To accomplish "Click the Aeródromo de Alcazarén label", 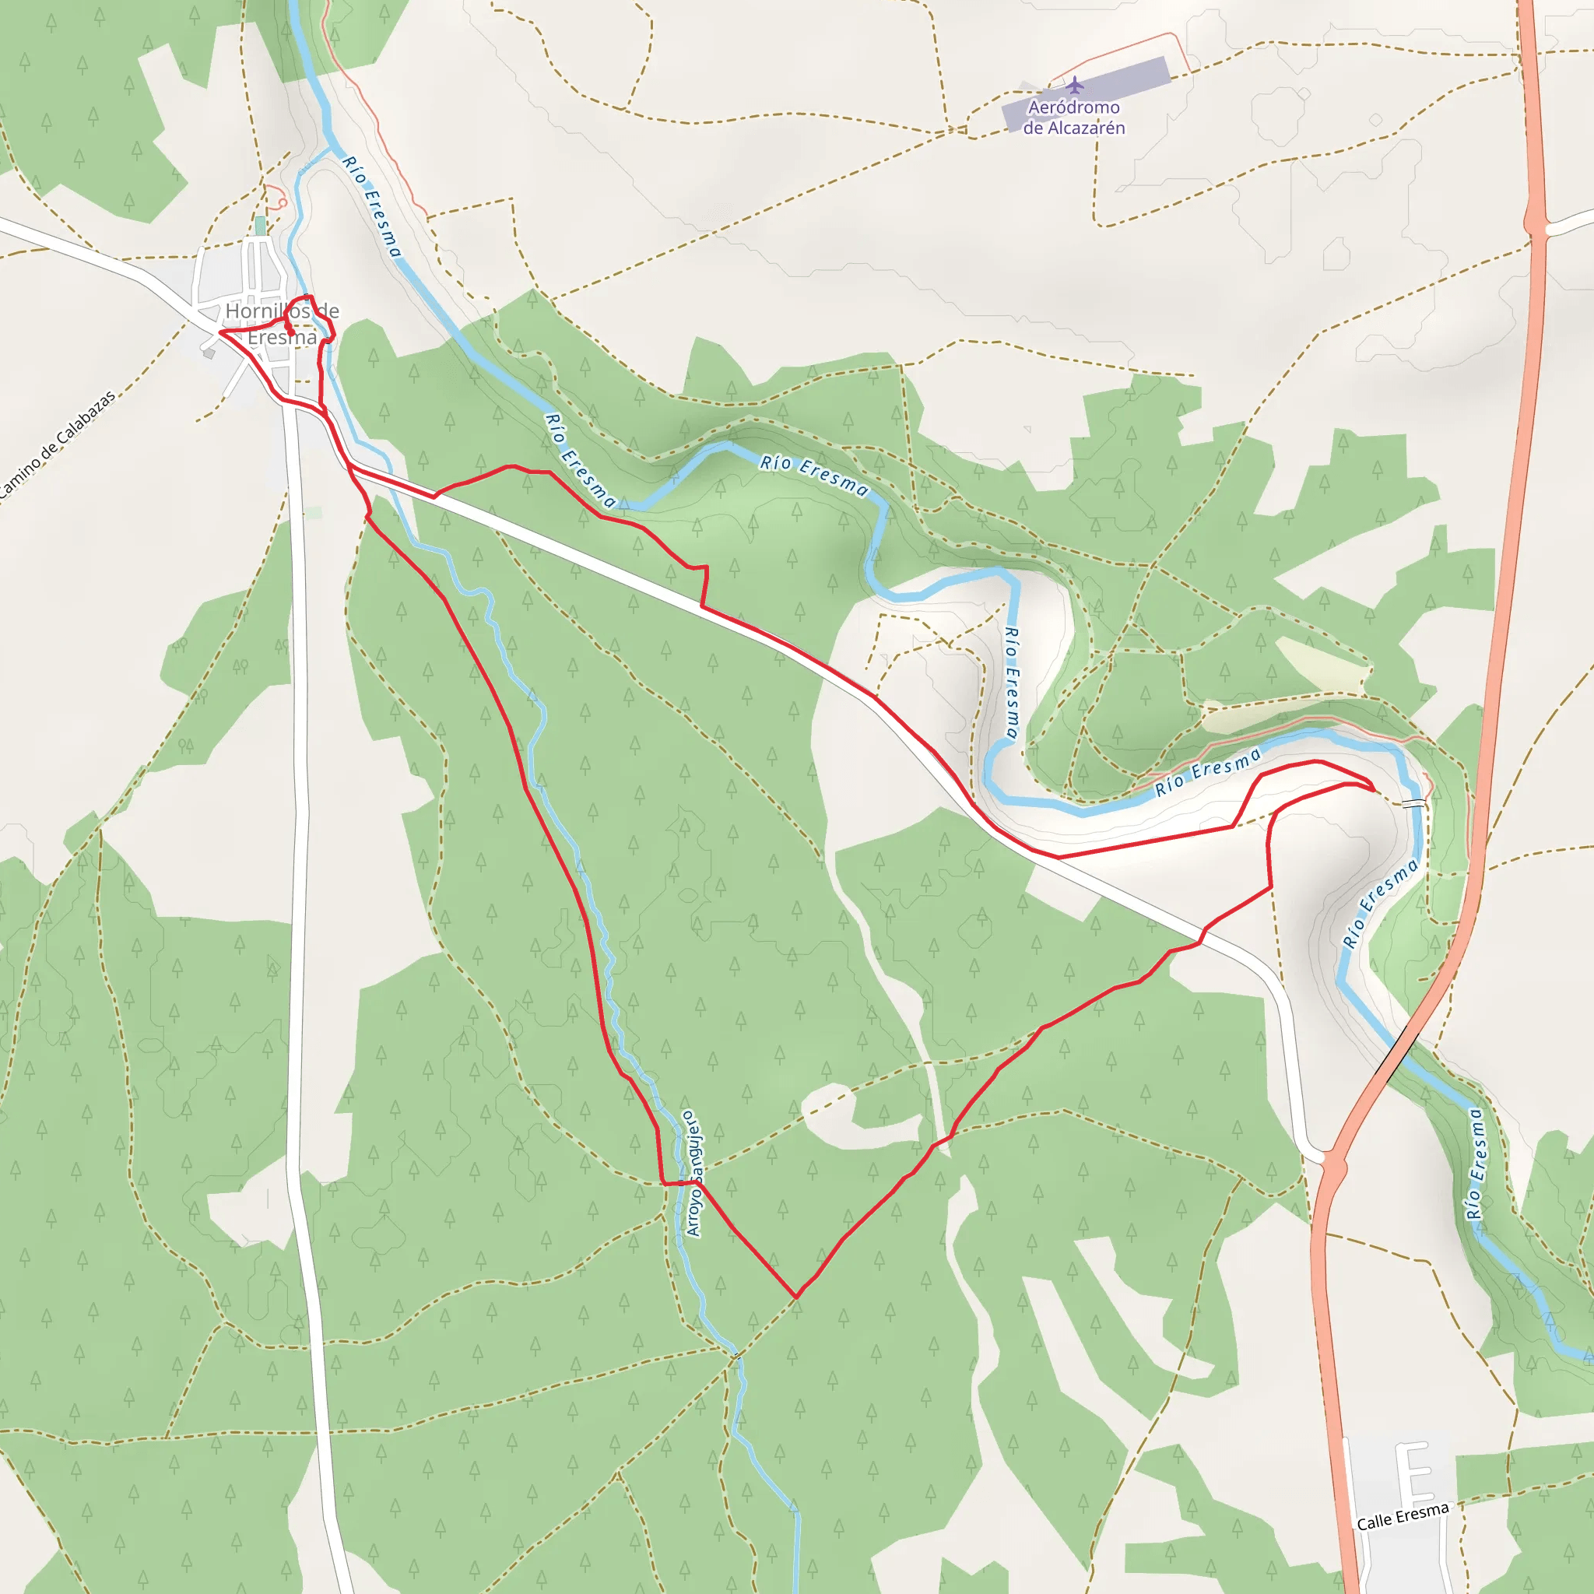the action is point(1073,118).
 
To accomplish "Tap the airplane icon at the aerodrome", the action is point(1074,85).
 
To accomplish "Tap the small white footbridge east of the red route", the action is point(1413,802).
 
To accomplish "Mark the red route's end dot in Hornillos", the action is point(290,333).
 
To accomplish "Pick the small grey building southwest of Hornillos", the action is point(209,353).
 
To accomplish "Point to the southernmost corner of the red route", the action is point(795,1297).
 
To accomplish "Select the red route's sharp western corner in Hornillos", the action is point(219,332).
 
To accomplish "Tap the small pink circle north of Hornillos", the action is point(281,201).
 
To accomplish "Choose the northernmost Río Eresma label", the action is point(372,206).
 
